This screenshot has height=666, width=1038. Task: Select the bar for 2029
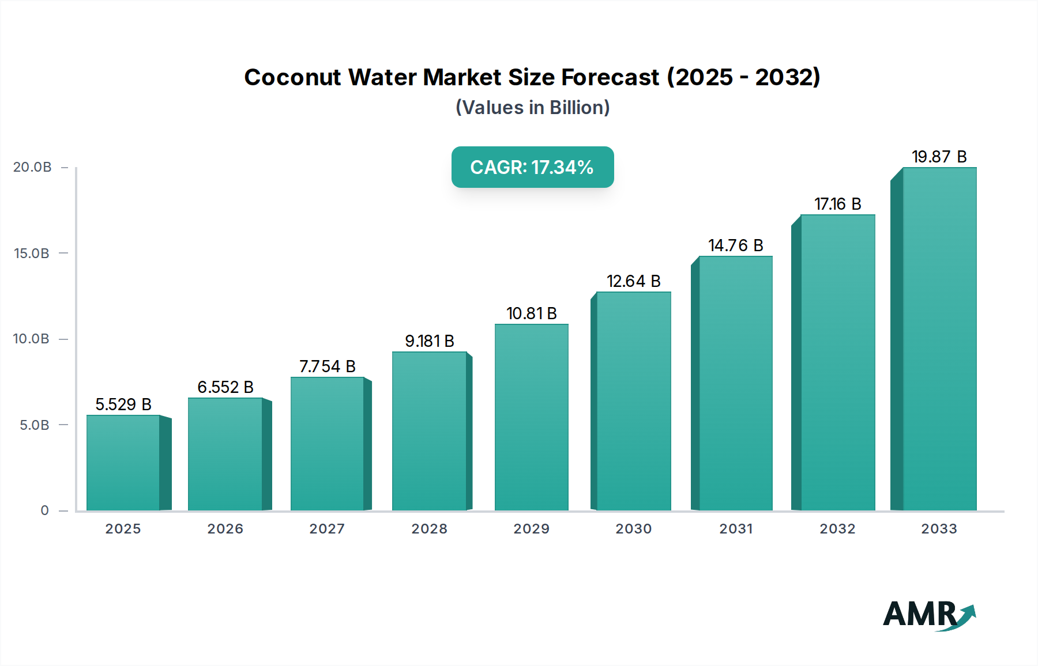pos(531,417)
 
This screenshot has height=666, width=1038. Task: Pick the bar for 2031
pos(735,383)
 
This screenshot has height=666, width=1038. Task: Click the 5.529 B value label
pos(123,404)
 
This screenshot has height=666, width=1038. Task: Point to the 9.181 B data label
pos(430,341)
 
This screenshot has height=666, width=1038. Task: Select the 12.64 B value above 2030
pos(633,281)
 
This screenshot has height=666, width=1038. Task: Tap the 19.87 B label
pos(939,157)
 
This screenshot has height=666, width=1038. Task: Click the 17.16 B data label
pos(837,204)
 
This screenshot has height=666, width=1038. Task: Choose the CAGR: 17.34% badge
pos(532,167)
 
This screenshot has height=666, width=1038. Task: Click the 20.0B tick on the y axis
pos(32,167)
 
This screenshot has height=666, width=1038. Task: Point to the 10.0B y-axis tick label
pos(31,339)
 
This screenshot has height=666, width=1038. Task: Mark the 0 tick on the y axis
pos(44,510)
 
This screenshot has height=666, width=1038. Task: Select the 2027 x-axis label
pos(327,529)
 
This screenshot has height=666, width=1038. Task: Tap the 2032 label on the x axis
pos(837,529)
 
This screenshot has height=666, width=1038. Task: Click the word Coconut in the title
pos(292,77)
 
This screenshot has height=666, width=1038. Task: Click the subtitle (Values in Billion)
pos(532,108)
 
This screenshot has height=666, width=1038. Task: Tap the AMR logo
pos(928,615)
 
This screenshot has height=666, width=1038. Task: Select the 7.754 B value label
pos(327,366)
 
